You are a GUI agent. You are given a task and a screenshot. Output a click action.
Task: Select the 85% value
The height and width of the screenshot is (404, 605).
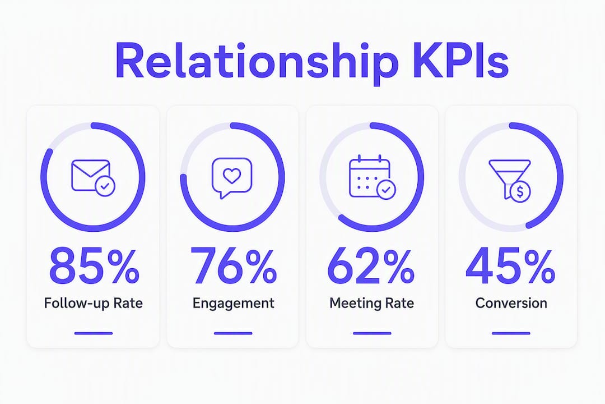tap(94, 267)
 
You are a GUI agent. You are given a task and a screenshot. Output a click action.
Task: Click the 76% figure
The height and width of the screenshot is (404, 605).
tap(233, 267)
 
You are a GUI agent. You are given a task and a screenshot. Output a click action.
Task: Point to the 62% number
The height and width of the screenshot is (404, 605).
tap(370, 267)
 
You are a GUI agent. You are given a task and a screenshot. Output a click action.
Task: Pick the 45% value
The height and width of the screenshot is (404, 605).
tap(510, 267)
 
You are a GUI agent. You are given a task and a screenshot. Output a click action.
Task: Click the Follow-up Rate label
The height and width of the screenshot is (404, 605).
tap(94, 303)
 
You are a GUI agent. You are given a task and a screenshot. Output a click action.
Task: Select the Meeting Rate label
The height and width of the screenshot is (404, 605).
tap(371, 303)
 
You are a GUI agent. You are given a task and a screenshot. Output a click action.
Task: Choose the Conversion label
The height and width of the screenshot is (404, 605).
tap(511, 303)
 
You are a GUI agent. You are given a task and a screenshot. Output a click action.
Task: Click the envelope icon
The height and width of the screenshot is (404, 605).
tap(91, 175)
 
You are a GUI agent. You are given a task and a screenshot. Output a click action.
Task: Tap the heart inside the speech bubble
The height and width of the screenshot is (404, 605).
tap(232, 176)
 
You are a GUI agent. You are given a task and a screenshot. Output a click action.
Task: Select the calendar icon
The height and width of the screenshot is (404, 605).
tap(370, 176)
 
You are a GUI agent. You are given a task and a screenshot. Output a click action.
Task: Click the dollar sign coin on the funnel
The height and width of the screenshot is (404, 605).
tap(520, 191)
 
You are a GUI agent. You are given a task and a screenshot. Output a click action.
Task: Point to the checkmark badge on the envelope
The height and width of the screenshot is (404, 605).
tap(105, 186)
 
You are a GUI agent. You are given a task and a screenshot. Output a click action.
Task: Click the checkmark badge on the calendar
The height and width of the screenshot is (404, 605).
tap(385, 190)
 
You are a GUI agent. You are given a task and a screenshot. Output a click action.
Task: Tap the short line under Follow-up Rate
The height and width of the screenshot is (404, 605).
tap(94, 333)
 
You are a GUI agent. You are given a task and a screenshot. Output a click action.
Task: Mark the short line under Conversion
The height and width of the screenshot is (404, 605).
tap(511, 333)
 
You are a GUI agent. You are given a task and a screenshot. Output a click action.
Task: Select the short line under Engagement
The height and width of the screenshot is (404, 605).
tap(233, 333)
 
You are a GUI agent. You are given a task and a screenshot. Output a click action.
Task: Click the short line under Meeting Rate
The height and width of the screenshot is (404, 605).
tap(372, 333)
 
